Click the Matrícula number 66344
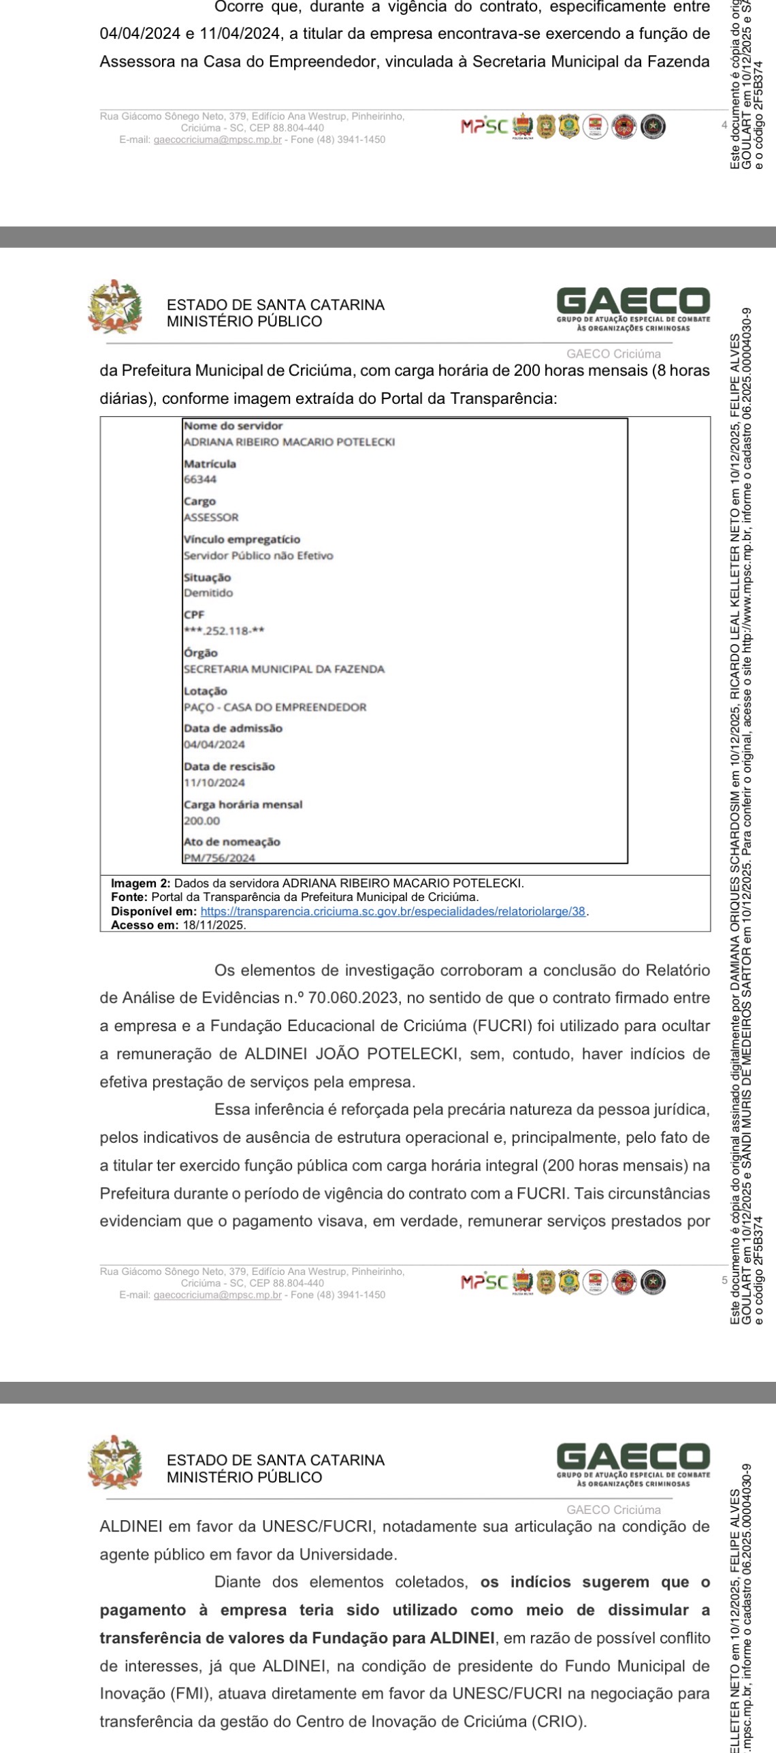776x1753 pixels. pyautogui.click(x=200, y=479)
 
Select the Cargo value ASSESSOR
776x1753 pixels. pyautogui.click(x=211, y=518)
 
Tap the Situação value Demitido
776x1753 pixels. pyautogui.click(x=208, y=593)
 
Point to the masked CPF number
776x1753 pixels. pyautogui.click(x=224, y=631)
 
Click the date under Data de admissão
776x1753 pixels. pyautogui.click(x=214, y=745)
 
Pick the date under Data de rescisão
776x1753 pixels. pyautogui.click(x=214, y=783)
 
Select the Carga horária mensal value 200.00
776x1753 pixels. pyautogui.click(x=201, y=821)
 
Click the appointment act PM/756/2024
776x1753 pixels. pyautogui.click(x=219, y=858)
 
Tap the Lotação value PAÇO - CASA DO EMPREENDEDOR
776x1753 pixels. pyautogui.click(x=275, y=708)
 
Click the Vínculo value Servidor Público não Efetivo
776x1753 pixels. pyautogui.click(x=259, y=556)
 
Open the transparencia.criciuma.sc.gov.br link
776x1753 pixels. pyautogui.click(x=393, y=911)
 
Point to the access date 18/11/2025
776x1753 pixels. pyautogui.click(x=214, y=926)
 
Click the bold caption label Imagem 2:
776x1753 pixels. pyautogui.click(x=141, y=883)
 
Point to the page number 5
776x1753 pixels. pyautogui.click(x=724, y=1280)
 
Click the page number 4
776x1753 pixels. pyautogui.click(x=724, y=125)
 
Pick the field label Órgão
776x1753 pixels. pyautogui.click(x=201, y=653)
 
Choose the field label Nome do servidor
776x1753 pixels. pyautogui.click(x=233, y=426)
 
